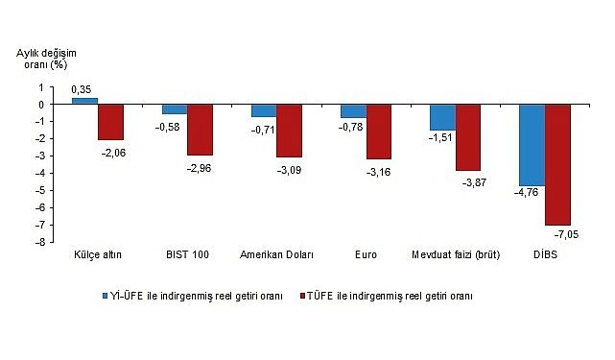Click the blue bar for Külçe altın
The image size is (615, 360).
pos(84,101)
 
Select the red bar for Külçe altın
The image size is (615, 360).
pos(110,122)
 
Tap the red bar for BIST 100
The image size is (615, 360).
pos(200,130)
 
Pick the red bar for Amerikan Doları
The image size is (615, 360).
pos(289,131)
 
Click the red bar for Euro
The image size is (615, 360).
pos(379,132)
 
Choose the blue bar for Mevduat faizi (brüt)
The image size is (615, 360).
pos(442,117)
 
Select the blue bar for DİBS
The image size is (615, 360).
pos(532,145)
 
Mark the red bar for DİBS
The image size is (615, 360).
pos(557,164)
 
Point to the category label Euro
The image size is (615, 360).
pos(365,255)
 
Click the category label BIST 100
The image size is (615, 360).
pos(186,255)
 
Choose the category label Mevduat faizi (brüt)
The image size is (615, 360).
pos(455,255)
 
